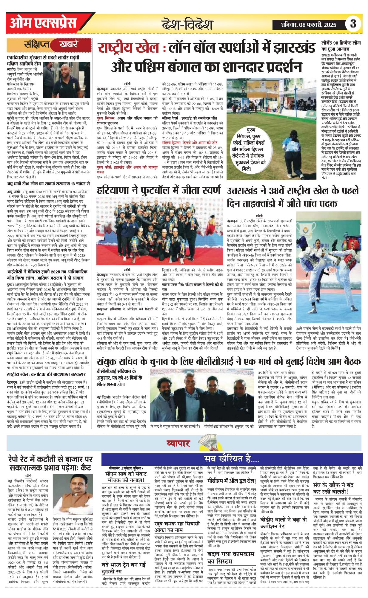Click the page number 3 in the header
[353, 24]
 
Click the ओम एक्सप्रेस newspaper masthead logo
[43, 23]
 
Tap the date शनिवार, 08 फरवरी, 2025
[309, 25]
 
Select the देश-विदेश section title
[187, 24]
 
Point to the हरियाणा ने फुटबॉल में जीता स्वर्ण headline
[159, 190]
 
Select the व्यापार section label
[178, 443]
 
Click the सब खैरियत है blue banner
[232, 459]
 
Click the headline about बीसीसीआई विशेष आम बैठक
[229, 361]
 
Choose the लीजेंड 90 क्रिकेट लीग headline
[341, 46]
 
